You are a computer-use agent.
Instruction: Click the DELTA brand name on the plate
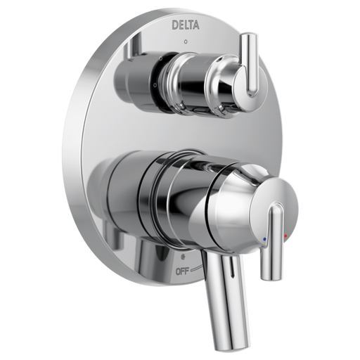click(186, 25)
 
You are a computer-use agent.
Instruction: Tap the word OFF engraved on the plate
click(183, 271)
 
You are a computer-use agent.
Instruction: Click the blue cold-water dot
click(264, 240)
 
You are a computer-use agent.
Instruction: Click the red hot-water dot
click(285, 236)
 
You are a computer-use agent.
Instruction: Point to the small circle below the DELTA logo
click(186, 42)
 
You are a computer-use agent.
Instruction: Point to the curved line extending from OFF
click(195, 268)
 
